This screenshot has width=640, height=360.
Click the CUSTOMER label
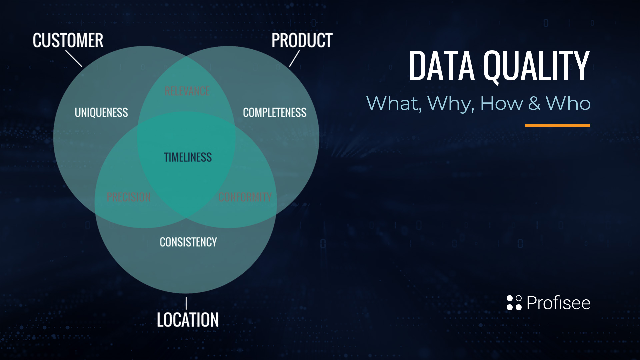[x=68, y=41]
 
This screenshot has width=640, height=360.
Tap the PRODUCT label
[x=302, y=41]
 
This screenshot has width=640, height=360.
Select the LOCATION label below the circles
[x=188, y=320]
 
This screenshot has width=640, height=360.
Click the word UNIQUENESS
[x=101, y=113]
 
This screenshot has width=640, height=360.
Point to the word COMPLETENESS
[x=275, y=113]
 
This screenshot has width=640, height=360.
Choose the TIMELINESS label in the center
[x=188, y=157]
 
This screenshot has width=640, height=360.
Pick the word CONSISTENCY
[x=188, y=242]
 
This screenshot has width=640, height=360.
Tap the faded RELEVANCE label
[x=187, y=91]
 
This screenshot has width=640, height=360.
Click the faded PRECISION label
[x=129, y=197]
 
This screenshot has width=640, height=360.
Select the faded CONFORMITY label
[x=245, y=197]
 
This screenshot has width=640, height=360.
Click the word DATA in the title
[x=442, y=66]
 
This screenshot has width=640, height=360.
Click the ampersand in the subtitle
[x=534, y=103]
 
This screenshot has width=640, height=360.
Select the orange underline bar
[x=558, y=126]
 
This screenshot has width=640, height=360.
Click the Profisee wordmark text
[x=558, y=303]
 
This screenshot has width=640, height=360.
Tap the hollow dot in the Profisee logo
[x=518, y=298]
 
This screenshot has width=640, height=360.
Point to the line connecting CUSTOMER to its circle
[x=74, y=58]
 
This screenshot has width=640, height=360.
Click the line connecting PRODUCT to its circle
[x=294, y=58]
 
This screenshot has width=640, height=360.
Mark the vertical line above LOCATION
[x=186, y=303]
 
